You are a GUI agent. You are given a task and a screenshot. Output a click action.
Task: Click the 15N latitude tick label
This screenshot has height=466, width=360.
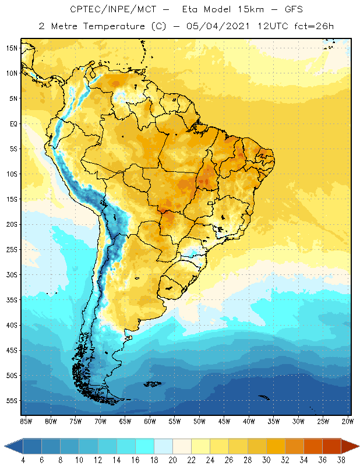click(11, 48)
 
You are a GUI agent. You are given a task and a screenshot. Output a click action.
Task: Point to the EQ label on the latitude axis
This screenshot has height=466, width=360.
click(12, 123)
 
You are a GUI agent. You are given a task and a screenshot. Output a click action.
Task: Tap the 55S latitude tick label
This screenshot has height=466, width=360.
click(11, 401)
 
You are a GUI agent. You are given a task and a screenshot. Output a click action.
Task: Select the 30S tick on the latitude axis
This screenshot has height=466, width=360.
click(11, 274)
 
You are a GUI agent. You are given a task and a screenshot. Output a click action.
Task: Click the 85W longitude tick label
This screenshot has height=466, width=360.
click(26, 421)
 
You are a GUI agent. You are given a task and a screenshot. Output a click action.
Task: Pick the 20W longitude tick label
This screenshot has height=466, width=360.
click(347, 421)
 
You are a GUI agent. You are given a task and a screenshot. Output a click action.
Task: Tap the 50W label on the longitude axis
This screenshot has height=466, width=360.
click(199, 421)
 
